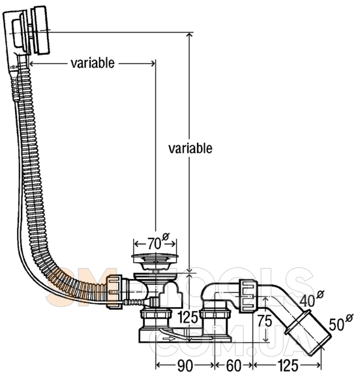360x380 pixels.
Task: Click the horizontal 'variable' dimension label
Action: click(93, 63)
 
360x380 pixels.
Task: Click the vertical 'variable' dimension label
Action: click(190, 149)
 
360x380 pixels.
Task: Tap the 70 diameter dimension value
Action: click(154, 243)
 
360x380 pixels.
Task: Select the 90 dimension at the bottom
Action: click(185, 366)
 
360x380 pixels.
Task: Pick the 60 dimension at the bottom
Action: click(233, 366)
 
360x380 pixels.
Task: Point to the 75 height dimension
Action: click(265, 321)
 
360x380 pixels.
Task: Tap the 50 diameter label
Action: click(337, 325)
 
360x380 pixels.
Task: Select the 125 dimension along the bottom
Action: click(288, 366)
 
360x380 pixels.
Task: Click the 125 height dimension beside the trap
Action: click(188, 317)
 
